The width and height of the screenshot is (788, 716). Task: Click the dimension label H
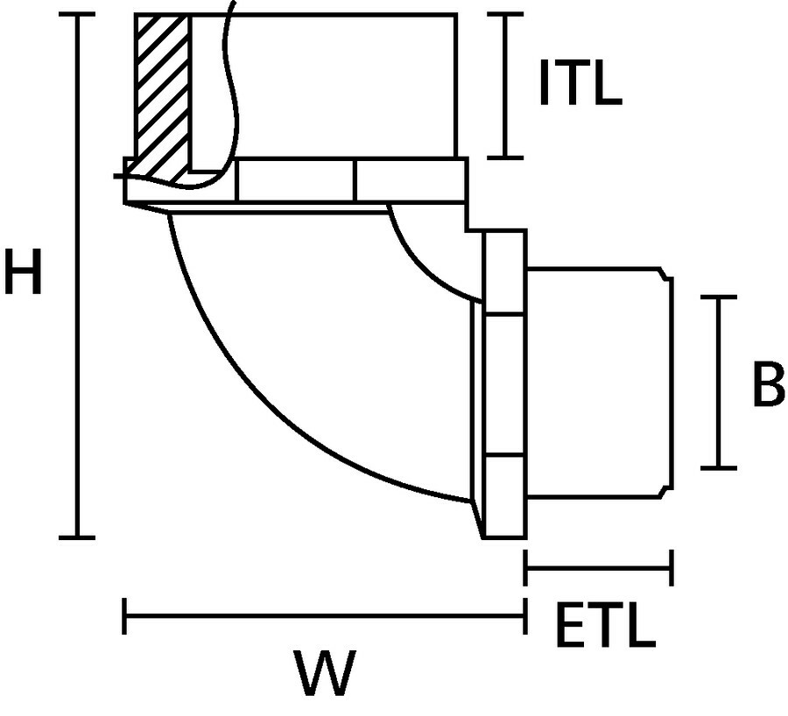(23, 272)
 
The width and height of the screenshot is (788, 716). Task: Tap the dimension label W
(324, 672)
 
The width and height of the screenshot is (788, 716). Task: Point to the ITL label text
(579, 84)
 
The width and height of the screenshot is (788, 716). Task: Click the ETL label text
(605, 623)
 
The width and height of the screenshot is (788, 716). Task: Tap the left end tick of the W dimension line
(126, 615)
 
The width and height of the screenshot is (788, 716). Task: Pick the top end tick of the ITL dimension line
(505, 15)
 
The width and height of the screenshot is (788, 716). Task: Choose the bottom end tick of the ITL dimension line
(505, 158)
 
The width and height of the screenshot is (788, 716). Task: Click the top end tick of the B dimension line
(719, 298)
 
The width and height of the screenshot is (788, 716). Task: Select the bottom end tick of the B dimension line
(719, 467)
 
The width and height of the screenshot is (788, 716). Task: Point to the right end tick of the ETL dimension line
(671, 567)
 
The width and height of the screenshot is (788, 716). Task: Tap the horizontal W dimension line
(324, 615)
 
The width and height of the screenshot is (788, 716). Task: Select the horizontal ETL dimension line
(598, 567)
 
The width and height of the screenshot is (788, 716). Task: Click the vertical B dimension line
(719, 383)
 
